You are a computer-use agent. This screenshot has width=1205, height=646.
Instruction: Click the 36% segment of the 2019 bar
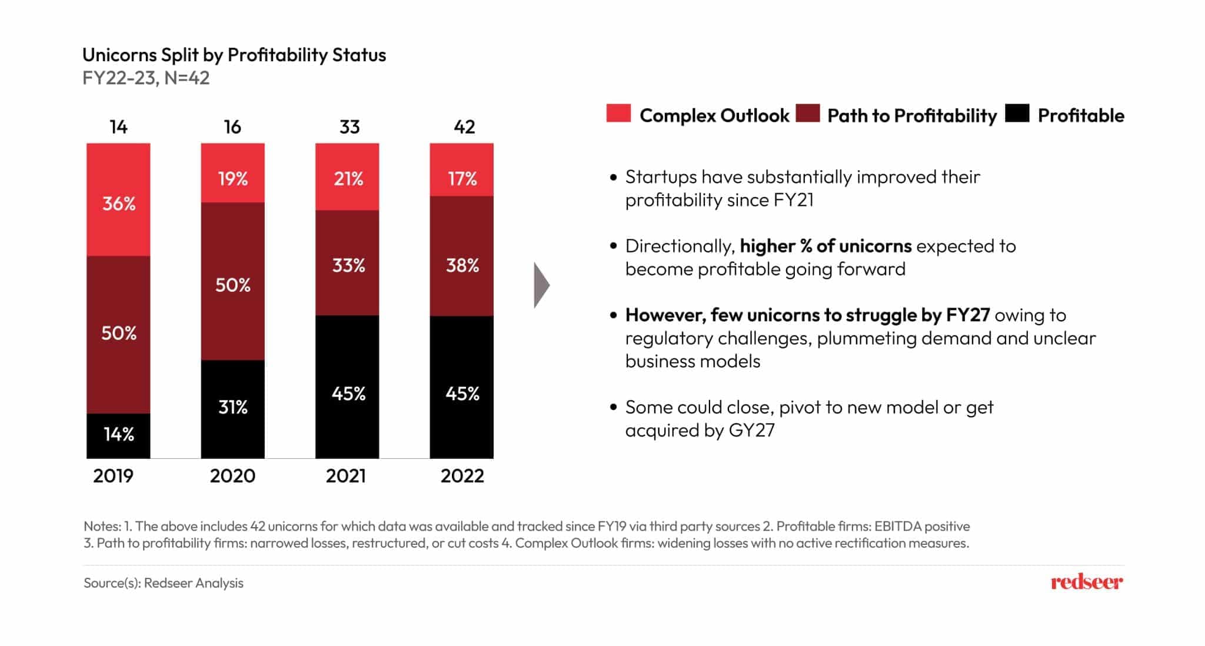[118, 200]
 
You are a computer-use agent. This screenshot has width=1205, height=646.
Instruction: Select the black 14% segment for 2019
[118, 435]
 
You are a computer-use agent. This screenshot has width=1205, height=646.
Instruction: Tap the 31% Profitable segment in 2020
[232, 408]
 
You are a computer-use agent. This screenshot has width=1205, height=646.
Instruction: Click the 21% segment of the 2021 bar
[347, 177]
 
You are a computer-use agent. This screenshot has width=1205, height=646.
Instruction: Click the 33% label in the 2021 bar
[348, 265]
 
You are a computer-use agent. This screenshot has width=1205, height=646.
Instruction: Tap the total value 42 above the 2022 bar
[464, 127]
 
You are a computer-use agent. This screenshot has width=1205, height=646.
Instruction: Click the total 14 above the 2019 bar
[118, 127]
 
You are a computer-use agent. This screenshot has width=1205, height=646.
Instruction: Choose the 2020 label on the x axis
[232, 475]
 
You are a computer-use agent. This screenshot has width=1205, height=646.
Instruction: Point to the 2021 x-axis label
[346, 475]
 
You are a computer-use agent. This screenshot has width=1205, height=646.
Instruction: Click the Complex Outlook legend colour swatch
[618, 113]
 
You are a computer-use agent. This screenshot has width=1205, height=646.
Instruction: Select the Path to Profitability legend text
[911, 115]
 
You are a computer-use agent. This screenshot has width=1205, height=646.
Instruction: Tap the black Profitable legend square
[1017, 113]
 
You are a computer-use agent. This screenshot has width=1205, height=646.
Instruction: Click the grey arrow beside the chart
[541, 285]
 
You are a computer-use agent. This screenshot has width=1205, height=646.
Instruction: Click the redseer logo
[1086, 582]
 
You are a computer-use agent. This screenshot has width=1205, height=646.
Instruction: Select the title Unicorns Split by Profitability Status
[234, 55]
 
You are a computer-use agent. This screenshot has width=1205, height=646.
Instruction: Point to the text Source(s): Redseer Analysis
[164, 582]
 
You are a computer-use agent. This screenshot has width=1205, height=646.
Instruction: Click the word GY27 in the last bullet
[751, 430]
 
